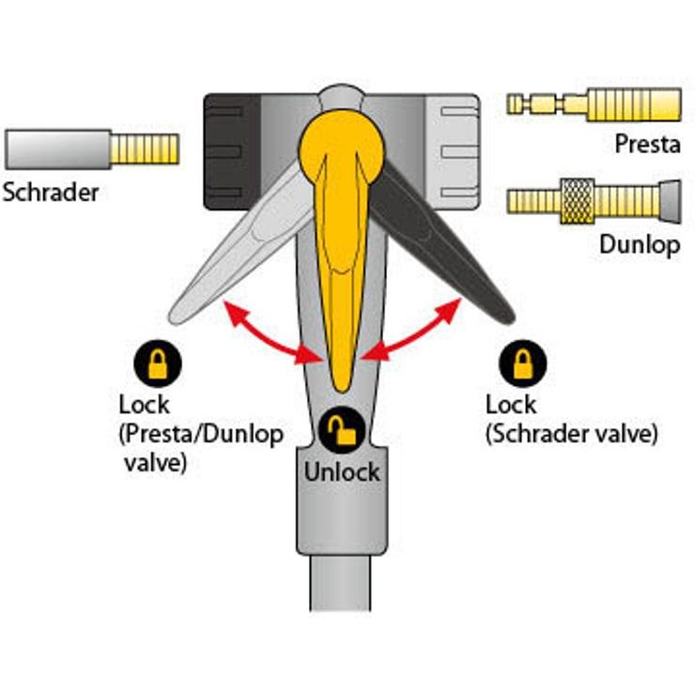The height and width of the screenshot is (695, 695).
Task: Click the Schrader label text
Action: pos(51,193)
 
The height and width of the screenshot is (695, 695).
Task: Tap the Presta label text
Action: pos(648,144)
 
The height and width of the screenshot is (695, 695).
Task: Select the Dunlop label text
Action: pos(640,245)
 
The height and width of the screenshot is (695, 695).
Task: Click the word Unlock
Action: pos(342,472)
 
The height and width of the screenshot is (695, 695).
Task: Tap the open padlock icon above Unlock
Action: pos(342,429)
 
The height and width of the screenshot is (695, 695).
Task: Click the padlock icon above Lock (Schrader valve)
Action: pos(523,363)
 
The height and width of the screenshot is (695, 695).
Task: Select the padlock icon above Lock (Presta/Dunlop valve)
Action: pos(158,363)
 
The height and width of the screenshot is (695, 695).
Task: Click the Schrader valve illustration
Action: pos(92,149)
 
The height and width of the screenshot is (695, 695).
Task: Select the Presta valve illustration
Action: pos(594,104)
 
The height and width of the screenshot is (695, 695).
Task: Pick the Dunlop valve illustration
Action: pos(594,201)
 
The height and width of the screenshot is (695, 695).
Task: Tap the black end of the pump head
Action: pos(231,151)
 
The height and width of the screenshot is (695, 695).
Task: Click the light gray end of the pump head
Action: pos(452,151)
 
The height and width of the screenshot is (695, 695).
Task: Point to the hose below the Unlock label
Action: pos(340,583)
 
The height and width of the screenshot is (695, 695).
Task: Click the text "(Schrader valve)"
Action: pos(571,434)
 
